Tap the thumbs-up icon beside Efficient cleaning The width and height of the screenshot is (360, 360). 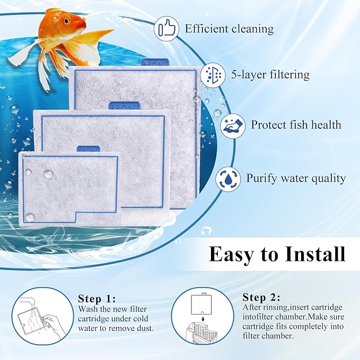(165, 28)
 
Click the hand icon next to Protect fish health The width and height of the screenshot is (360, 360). (232, 126)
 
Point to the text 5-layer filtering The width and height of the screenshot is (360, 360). (270, 75)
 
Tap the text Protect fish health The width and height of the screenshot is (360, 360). (296, 126)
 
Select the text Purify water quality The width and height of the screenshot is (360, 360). (296, 178)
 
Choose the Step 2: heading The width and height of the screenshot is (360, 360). (261, 297)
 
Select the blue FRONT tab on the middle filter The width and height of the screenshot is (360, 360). (125, 106)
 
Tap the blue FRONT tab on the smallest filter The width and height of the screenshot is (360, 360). (88, 150)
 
